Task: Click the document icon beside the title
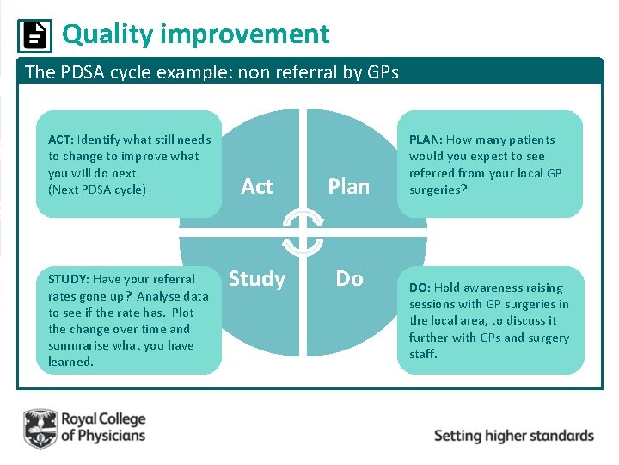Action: click(x=34, y=35)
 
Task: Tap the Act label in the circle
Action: click(x=256, y=186)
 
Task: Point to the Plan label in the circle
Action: click(x=348, y=186)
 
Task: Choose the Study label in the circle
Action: click(x=256, y=279)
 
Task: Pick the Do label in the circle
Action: click(x=349, y=279)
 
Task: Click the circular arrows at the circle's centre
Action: click(x=303, y=232)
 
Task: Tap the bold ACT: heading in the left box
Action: click(x=60, y=139)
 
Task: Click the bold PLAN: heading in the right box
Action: click(x=426, y=139)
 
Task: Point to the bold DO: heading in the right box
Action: click(x=420, y=288)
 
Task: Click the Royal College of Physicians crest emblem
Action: click(x=40, y=428)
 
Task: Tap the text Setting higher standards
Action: click(x=513, y=435)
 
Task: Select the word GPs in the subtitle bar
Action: click(x=381, y=72)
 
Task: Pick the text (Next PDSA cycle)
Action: click(x=97, y=189)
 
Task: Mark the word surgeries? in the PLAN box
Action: click(x=438, y=189)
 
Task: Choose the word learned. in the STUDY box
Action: click(x=70, y=362)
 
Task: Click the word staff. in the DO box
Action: click(x=423, y=354)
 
